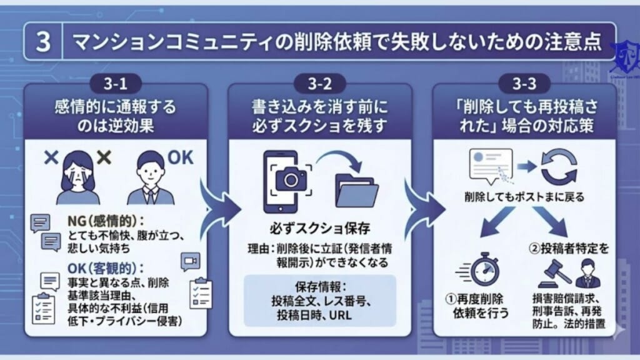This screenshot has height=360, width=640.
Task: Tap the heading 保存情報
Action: (321, 287)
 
